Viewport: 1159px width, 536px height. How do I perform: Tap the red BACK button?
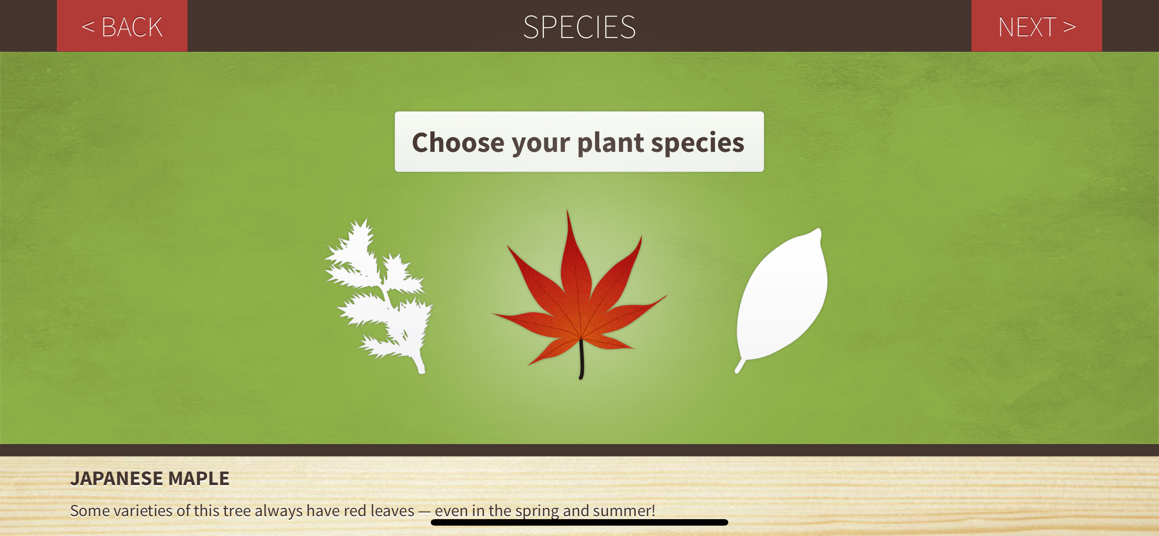click(122, 25)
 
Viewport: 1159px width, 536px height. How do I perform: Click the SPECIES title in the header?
click(579, 27)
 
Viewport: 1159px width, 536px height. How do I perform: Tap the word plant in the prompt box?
click(611, 143)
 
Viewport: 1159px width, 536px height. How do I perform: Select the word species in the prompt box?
click(697, 143)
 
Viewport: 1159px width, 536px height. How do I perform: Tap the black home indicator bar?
click(579, 523)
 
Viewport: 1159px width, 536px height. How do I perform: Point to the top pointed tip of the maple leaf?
click(567, 209)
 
